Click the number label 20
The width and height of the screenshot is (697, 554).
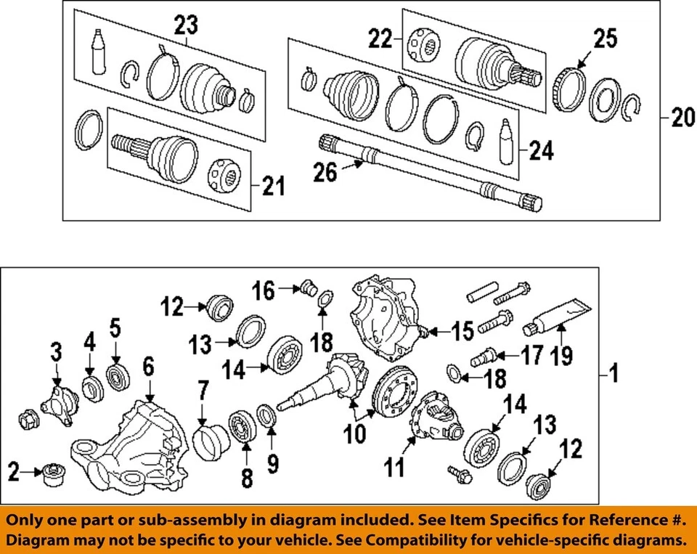(682, 118)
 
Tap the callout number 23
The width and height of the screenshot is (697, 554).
(185, 26)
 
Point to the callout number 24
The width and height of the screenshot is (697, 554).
(541, 151)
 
